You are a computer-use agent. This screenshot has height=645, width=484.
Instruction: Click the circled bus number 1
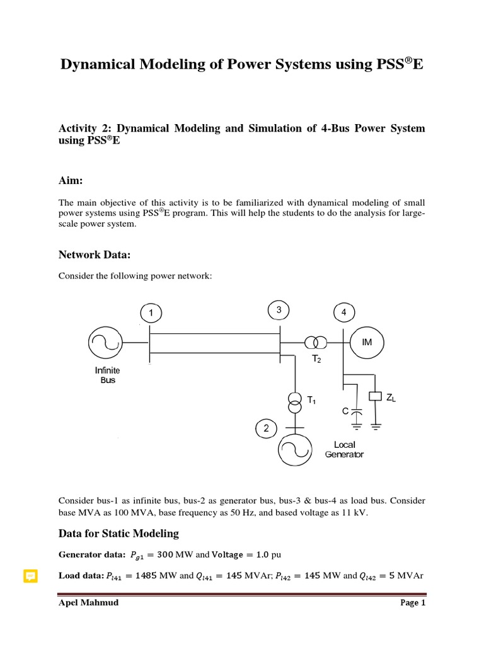point(151,312)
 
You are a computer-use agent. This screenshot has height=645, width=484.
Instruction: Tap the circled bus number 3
point(279,310)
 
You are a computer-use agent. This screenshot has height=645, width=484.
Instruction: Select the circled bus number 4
point(343,312)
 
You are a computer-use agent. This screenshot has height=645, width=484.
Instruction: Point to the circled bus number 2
point(267,428)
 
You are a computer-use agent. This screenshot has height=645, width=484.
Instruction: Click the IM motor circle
point(367,341)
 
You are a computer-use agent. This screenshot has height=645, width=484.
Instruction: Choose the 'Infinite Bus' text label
point(108,375)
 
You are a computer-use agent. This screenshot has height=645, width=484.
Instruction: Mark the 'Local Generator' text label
point(344,449)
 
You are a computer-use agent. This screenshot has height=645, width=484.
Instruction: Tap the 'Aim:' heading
point(71,180)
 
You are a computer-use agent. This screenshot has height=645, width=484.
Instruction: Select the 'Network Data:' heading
point(95,254)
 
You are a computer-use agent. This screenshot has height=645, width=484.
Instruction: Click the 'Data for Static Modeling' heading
point(118,534)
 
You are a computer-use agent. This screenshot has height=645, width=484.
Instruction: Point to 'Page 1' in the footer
point(413,603)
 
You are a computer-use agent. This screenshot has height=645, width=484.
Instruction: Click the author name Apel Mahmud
point(88,603)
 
